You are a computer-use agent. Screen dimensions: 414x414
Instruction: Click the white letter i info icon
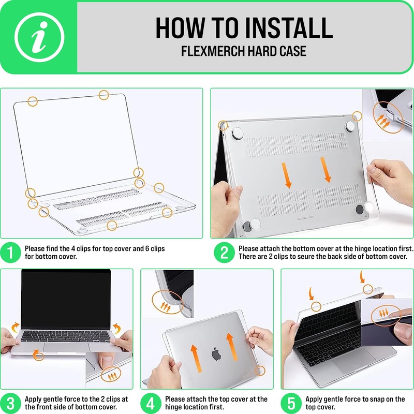pos(39,37)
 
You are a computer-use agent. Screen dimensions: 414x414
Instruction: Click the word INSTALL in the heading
pos(289,28)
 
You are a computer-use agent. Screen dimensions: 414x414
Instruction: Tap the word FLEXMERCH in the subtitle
pos(213,51)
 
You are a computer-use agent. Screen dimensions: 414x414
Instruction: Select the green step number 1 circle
pos(10,253)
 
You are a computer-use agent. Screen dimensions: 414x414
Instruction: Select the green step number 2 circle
pos(224,253)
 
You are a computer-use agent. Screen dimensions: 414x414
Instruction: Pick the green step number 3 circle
pos(10,404)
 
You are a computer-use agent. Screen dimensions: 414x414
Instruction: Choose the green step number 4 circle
pos(151,404)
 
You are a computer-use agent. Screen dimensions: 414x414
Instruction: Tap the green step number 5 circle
pos(291,404)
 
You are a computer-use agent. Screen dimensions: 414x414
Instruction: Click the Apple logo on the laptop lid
pos(216,354)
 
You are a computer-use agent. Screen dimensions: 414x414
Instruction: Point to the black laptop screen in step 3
pos(66,300)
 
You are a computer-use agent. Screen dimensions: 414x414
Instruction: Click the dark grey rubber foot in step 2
pos(360,210)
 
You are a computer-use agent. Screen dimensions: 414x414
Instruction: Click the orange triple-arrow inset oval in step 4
pos(167,302)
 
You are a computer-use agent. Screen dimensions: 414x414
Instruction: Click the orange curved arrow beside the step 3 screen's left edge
pos(16,327)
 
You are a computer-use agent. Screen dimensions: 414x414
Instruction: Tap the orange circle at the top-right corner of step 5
pos(368,289)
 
